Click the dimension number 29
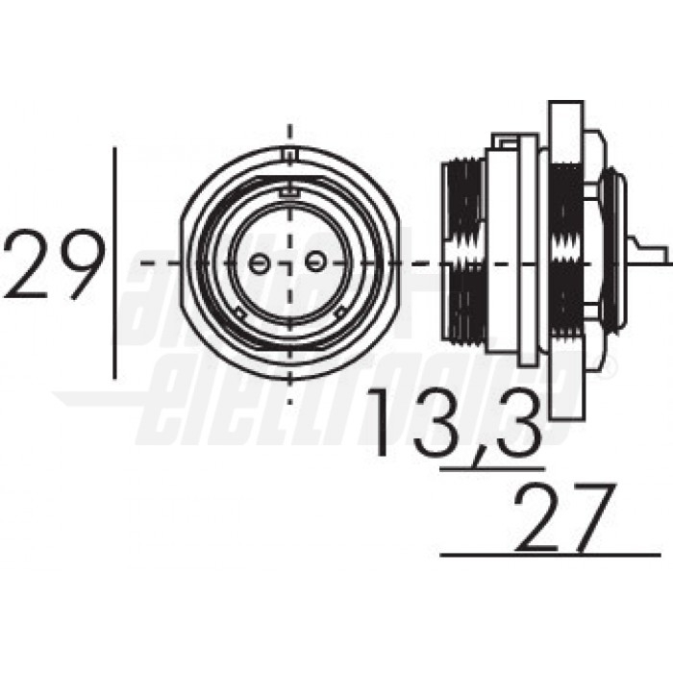point(54,263)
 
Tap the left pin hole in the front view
point(259,262)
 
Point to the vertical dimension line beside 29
point(115,263)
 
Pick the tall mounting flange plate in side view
point(567,260)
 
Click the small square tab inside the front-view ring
point(286,195)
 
